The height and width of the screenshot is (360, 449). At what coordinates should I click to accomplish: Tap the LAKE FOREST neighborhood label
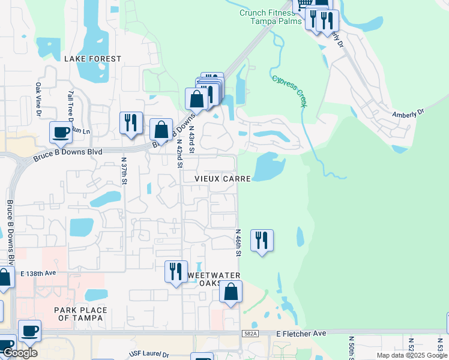(92, 59)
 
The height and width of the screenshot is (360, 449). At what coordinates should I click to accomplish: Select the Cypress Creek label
(289, 91)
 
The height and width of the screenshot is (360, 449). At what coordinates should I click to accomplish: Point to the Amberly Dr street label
(408, 112)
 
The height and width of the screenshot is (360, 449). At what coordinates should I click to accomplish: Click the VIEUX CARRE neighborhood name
(222, 179)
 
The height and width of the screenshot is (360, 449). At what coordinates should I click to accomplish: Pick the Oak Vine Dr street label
(38, 99)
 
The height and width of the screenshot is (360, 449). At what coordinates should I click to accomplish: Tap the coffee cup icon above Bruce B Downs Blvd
(61, 132)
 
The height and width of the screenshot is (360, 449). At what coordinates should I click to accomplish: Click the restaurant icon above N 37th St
(131, 123)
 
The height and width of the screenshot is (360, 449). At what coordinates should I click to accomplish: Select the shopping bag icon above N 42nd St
(161, 129)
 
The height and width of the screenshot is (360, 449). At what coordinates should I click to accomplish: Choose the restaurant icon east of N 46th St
(262, 241)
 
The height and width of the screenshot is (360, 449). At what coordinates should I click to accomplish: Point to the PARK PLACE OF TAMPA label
(80, 314)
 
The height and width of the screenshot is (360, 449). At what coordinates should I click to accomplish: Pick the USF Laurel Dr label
(150, 355)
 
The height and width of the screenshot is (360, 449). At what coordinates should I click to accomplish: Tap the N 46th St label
(238, 242)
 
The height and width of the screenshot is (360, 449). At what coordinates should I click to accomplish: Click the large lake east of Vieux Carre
(268, 166)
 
